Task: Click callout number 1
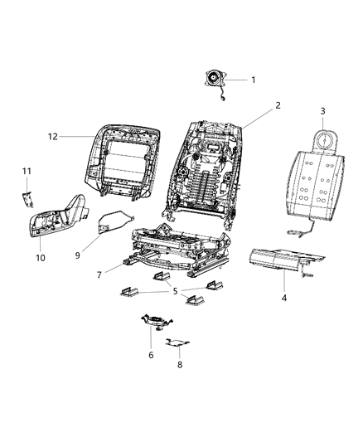(x=254, y=80)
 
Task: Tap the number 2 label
(x=278, y=105)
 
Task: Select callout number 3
(x=323, y=110)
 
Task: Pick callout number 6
(x=150, y=355)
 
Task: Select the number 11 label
(x=26, y=171)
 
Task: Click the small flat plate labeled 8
(x=178, y=342)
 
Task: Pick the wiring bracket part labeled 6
(x=155, y=320)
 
